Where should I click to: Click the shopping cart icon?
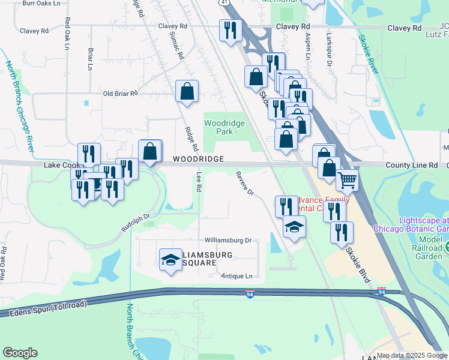pos(347,179)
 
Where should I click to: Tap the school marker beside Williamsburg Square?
pos(171,259)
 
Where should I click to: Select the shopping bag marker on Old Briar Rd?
pos(187,92)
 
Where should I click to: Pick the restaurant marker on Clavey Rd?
pos(231,30)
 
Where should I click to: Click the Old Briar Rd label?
pos(121,94)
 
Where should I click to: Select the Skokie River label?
pos(368,55)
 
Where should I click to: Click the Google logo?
pos(20,353)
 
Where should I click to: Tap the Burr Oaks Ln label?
pos(41,4)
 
